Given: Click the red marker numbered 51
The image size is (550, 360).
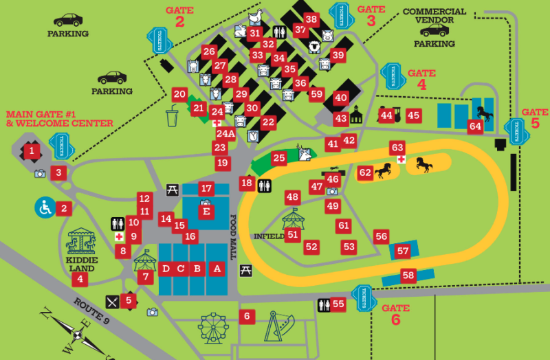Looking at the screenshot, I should tap(294, 234).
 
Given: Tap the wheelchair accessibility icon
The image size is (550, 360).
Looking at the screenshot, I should tap(44, 207).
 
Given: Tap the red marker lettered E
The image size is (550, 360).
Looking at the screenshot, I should tap(205, 212).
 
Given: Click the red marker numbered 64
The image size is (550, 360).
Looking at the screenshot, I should tap(474, 126).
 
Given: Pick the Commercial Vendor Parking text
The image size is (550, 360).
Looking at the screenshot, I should tap(434, 27).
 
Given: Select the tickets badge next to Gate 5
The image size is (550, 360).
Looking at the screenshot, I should tap(516, 127).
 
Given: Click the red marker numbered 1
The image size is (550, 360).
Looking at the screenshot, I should tap(32, 150).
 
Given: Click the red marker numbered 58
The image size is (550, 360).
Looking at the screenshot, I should tap(408, 275).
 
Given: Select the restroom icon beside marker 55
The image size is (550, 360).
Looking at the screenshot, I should tap(323, 304).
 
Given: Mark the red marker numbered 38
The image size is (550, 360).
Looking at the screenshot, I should tap(312, 19).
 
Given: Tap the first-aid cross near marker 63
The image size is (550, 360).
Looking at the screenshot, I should tap(400, 159).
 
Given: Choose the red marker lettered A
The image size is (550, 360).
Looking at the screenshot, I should tap(217, 269).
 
